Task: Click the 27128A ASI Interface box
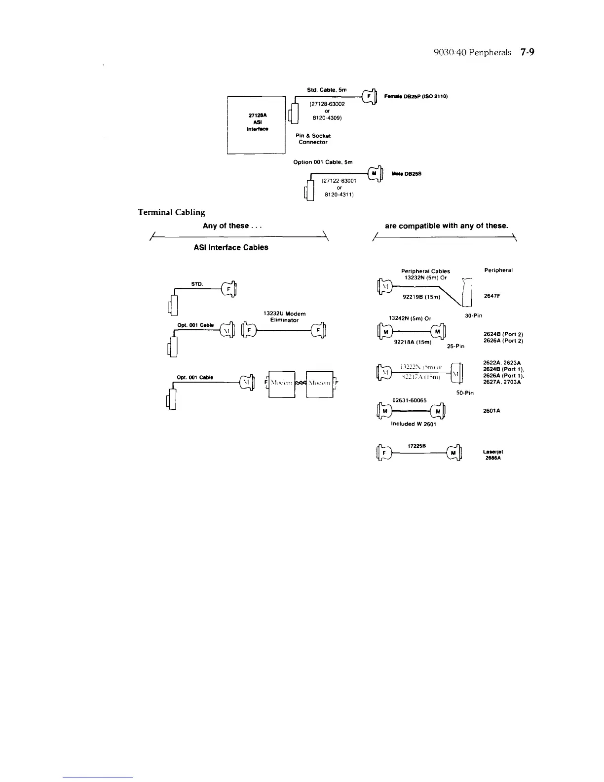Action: [x=256, y=125]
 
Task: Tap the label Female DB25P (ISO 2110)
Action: [x=415, y=96]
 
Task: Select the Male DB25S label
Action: [x=406, y=174]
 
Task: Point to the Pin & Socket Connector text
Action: [x=313, y=139]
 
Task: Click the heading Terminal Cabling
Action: [x=171, y=212]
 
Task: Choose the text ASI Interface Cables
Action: [x=231, y=247]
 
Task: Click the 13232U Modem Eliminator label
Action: [x=284, y=316]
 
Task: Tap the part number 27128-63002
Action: [x=327, y=104]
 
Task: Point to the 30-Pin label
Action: [x=474, y=315]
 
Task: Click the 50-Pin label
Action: [x=465, y=393]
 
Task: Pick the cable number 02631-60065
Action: [x=410, y=400]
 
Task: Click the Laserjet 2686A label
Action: [x=493, y=455]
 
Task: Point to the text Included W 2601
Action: [x=414, y=424]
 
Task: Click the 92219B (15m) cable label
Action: [x=421, y=297]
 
